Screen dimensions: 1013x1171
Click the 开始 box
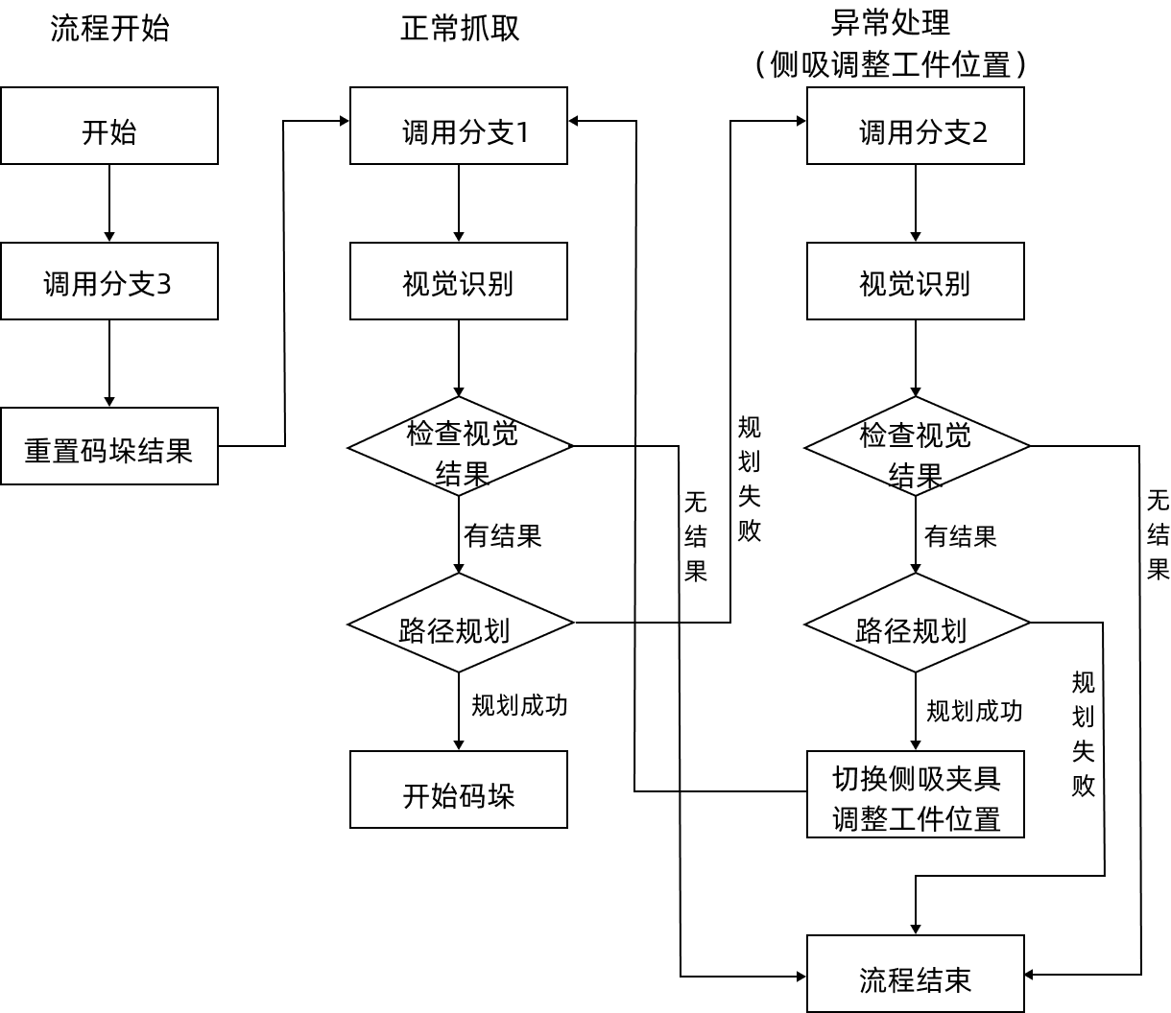109,126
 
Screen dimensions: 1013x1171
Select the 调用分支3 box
109,281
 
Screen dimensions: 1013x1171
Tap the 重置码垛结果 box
109,446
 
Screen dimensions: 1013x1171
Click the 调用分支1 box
459,126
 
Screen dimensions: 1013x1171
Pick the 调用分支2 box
916,126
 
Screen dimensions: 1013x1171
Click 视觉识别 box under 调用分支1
459,281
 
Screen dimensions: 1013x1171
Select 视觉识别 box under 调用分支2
916,281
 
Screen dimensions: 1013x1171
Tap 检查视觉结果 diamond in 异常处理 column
917,446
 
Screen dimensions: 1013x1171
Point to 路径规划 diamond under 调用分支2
917,624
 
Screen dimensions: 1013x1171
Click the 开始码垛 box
459,789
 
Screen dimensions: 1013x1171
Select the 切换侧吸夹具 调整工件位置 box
916,794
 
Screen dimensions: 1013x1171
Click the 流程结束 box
916,974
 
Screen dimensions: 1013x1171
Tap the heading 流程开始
109,28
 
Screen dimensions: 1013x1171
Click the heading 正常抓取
460,28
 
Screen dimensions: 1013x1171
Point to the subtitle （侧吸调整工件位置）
891,64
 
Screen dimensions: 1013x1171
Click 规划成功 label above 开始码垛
519,706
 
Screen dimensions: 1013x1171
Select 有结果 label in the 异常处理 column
960,536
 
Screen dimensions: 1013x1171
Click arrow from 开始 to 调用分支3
109,203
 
